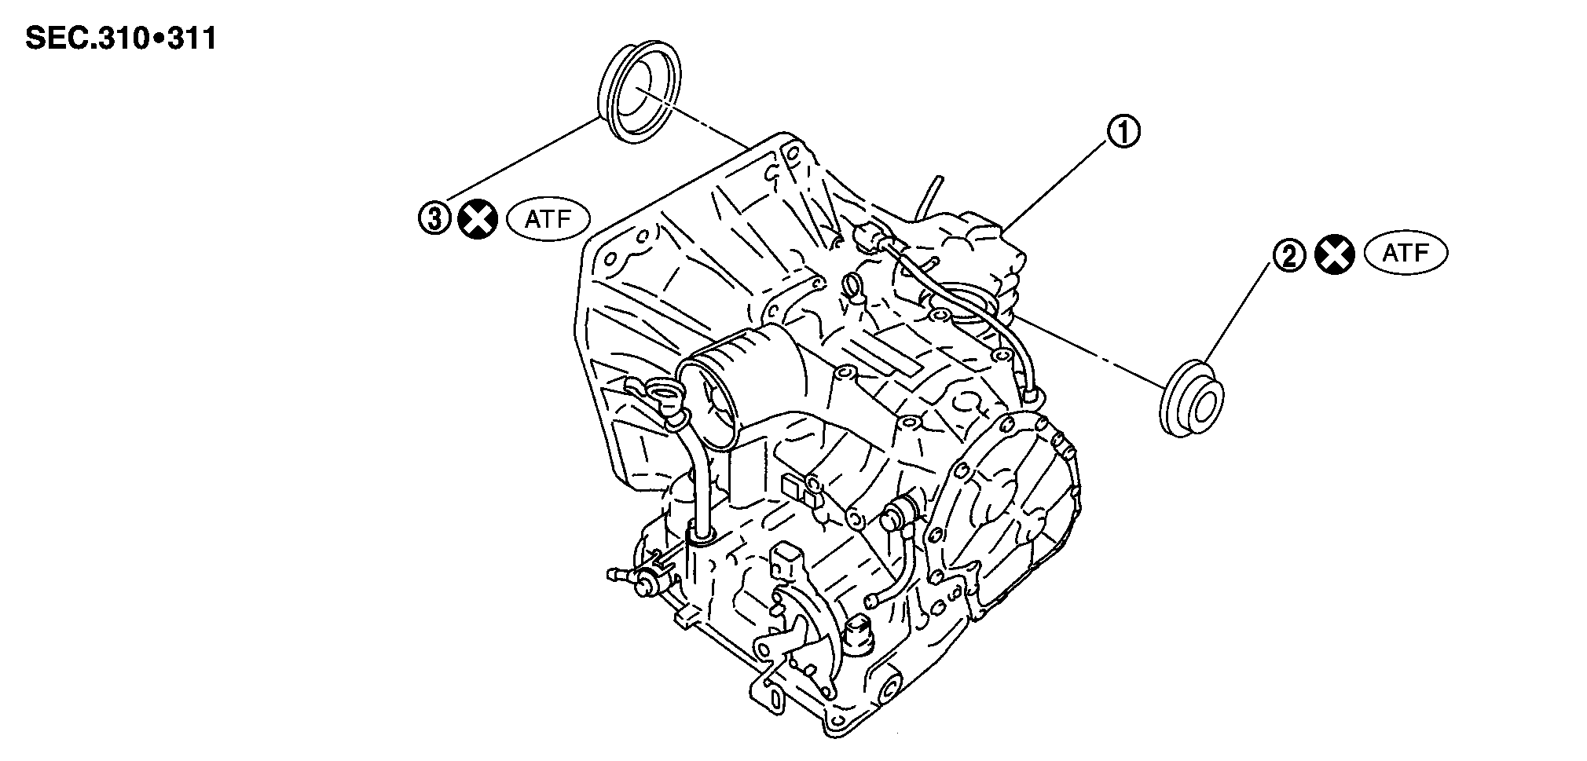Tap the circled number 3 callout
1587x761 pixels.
434,218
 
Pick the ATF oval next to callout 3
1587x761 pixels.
548,218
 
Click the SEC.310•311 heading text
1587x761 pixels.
121,38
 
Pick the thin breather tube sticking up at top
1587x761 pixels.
927,195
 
